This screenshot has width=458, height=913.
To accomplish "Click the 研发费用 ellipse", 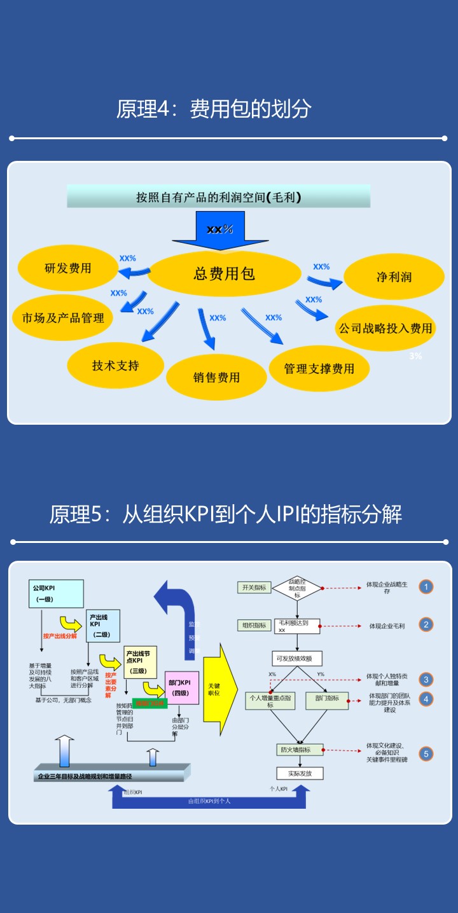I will [67, 268].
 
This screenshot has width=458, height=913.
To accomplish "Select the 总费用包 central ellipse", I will [224, 274].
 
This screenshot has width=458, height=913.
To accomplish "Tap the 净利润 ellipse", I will [394, 277].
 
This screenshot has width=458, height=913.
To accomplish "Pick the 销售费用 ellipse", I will [216, 377].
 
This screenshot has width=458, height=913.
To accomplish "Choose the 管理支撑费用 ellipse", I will [319, 368].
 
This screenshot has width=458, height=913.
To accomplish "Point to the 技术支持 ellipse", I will [115, 366].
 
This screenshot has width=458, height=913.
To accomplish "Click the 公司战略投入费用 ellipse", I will [385, 328].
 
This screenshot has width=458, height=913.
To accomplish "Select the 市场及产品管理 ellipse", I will [63, 317].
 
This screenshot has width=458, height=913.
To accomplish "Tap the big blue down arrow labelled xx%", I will [219, 230].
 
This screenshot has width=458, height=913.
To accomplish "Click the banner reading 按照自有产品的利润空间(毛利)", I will [219, 197].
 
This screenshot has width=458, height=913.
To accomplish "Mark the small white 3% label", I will [415, 356].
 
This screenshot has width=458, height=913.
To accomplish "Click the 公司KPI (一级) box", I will [56, 594].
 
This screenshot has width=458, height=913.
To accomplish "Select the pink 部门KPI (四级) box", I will [182, 687].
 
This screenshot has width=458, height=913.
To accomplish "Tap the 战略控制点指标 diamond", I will [297, 588].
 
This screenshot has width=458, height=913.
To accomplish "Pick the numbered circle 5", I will [426, 755].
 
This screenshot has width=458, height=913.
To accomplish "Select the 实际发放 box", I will [300, 773].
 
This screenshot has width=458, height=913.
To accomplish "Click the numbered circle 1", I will [426, 586].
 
